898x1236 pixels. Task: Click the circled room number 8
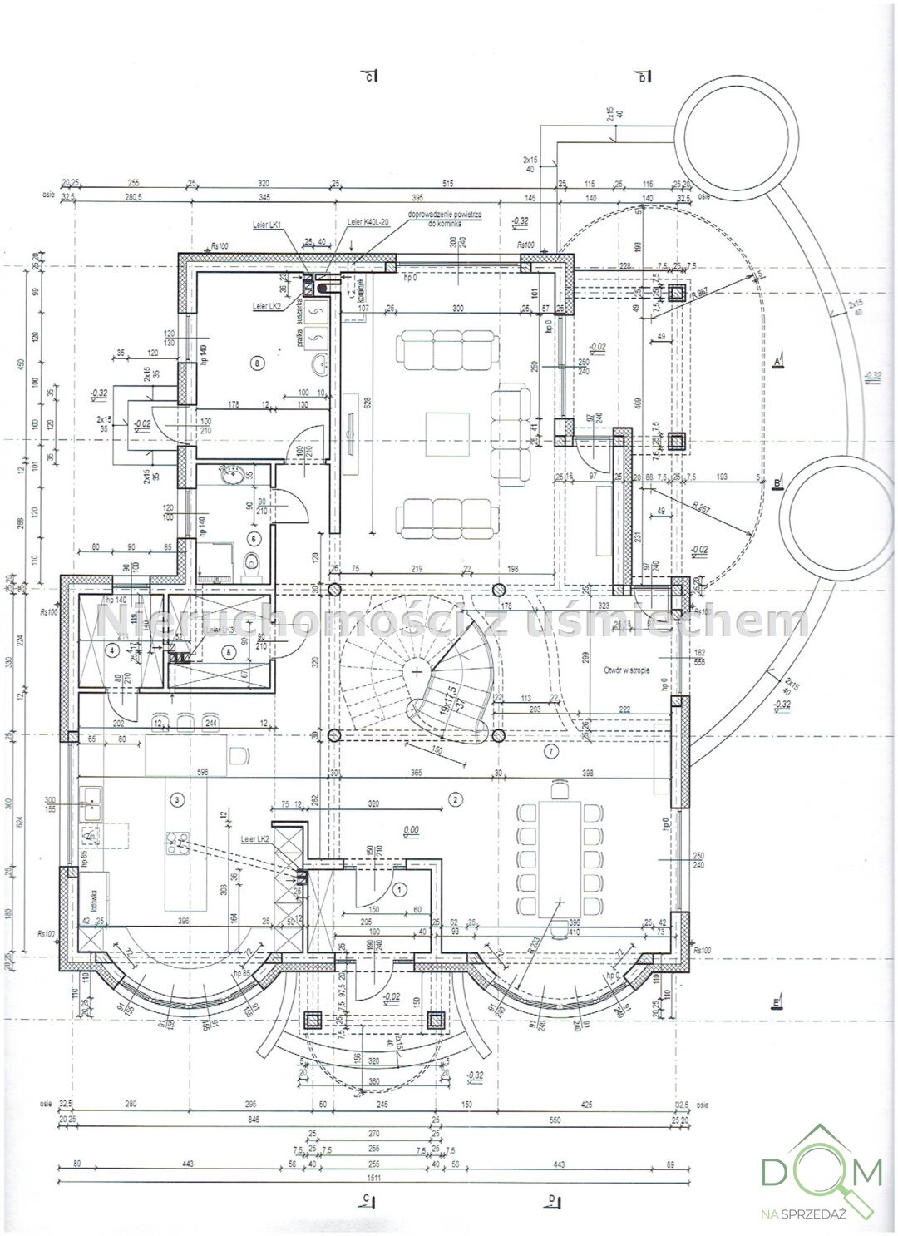pos(257,363)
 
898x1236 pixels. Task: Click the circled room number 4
pos(111,652)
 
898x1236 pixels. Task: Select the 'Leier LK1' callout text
pos(268,225)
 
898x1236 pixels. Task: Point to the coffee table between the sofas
pos(448,433)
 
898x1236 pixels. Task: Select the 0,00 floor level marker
pos(409,829)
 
